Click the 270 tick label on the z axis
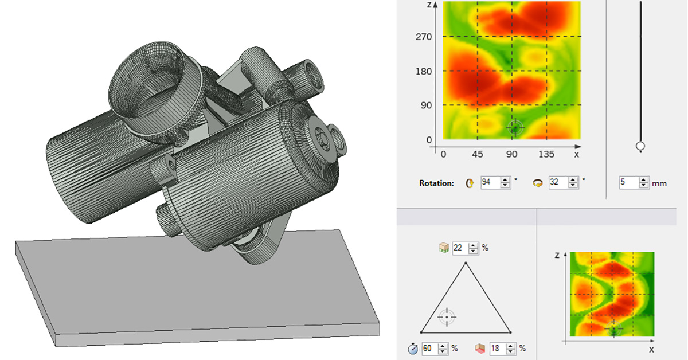pyautogui.click(x=424, y=37)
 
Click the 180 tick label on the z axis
pyautogui.click(x=424, y=71)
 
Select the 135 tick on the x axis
pyautogui.click(x=546, y=154)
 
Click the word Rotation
pyautogui.click(x=436, y=183)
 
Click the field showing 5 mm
pyautogui.click(x=630, y=183)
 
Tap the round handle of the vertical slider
pyautogui.click(x=640, y=147)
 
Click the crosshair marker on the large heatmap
pyautogui.click(x=515, y=128)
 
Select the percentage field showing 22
pyautogui.click(x=461, y=248)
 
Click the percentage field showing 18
pyautogui.click(x=498, y=348)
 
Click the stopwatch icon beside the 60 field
pyautogui.click(x=412, y=348)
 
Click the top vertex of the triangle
pyautogui.click(x=466, y=263)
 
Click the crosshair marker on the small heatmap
pyautogui.click(x=613, y=330)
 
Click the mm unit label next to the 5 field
pyautogui.click(x=659, y=183)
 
